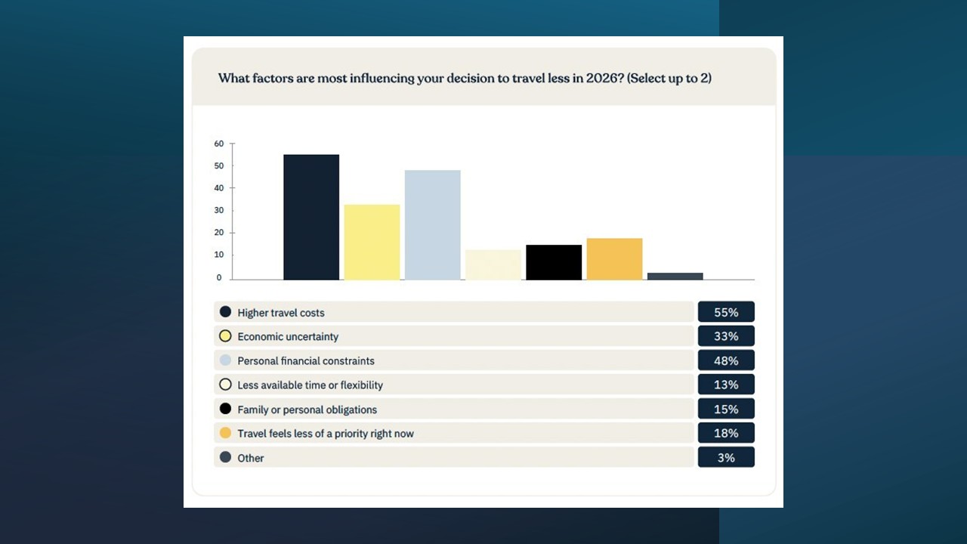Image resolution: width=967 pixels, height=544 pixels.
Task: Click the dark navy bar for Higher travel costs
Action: [x=311, y=217]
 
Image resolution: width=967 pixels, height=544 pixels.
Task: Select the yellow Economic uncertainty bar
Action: [x=372, y=242]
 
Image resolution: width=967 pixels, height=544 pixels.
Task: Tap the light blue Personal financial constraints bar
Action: [x=432, y=224]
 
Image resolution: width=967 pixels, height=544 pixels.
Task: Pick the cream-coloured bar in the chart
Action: [x=493, y=264]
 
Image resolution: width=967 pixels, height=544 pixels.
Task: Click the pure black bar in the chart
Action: [x=554, y=262]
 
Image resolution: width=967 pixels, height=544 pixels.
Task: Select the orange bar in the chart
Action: [x=614, y=258]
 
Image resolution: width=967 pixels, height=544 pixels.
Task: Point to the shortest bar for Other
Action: [x=675, y=276]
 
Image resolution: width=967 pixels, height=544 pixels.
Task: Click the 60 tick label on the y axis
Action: [x=219, y=144]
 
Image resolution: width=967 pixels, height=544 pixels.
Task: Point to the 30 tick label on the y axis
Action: [x=219, y=210]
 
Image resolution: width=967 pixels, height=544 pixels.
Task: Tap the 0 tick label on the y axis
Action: [x=219, y=277]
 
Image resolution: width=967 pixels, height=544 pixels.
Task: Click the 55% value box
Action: [x=725, y=312]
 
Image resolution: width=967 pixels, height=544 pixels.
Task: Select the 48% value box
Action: [x=725, y=360]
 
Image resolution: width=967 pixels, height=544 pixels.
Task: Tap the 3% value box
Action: [x=725, y=457]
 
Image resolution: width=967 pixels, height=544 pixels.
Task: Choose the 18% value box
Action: [x=725, y=433]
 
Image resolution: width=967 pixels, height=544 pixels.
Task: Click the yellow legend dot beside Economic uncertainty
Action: [x=225, y=336]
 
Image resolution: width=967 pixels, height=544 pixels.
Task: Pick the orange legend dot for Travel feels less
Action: [x=225, y=433]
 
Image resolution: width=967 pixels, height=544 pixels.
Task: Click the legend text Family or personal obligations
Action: [x=307, y=410]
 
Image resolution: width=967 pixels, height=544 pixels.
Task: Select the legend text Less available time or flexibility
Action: [x=310, y=385]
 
